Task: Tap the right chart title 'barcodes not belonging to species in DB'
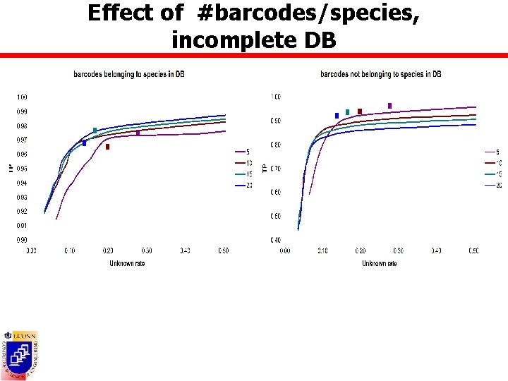(380, 74)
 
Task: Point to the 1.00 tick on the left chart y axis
(23, 97)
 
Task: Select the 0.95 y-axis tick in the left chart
(23, 169)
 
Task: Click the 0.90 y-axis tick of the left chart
(23, 240)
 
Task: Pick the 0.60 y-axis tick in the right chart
(276, 193)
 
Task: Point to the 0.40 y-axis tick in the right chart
(276, 240)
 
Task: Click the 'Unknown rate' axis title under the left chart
(127, 263)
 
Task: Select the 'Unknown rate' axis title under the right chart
(380, 263)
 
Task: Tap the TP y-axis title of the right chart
(265, 168)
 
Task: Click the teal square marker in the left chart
(95, 131)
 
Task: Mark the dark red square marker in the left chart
(107, 147)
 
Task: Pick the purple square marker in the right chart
(389, 106)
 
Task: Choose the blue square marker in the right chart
(337, 115)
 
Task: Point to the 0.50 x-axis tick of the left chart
(222, 250)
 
